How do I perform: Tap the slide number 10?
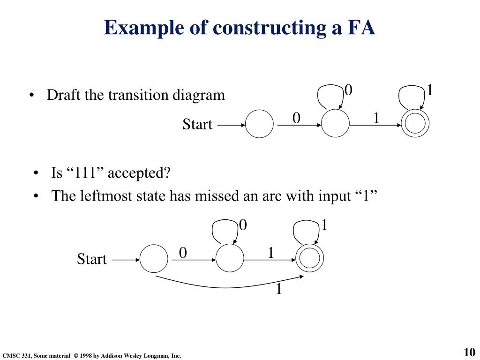pos(469,352)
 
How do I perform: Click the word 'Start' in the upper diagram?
pos(197,125)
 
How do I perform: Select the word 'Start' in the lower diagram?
pos(92,259)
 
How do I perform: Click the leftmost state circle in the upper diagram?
pos(259,124)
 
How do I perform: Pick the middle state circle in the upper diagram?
pos(335,124)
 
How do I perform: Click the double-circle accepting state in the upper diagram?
pos(415,124)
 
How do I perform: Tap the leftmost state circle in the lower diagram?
pos(154,259)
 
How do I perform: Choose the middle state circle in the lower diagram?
pos(230,259)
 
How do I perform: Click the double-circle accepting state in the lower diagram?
pos(310,259)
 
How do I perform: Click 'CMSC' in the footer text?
pos(10,356)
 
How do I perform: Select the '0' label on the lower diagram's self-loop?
pos(243,225)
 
